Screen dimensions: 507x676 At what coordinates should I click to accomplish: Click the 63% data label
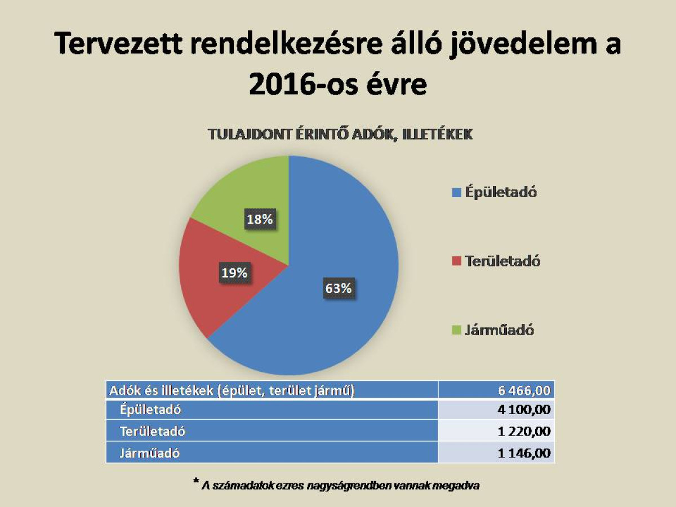338,288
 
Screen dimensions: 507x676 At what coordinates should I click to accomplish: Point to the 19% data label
234,273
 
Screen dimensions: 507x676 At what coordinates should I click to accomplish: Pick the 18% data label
259,219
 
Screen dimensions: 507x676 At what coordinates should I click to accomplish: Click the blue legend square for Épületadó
456,193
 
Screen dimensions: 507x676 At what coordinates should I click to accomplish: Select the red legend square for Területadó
456,261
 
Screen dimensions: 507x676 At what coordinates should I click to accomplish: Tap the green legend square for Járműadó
456,330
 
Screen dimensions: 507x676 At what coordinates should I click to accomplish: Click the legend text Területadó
502,261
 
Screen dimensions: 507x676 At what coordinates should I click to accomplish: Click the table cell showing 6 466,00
523,390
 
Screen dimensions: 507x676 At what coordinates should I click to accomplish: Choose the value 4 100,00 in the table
523,410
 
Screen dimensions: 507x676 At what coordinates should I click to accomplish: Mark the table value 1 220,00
523,432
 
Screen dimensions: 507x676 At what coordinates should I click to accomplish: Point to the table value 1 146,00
523,453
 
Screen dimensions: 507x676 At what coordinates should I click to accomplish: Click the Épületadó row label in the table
150,410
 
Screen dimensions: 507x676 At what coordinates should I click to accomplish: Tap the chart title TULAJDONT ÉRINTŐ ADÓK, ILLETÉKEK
340,135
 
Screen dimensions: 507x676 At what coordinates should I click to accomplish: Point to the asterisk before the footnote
195,482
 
